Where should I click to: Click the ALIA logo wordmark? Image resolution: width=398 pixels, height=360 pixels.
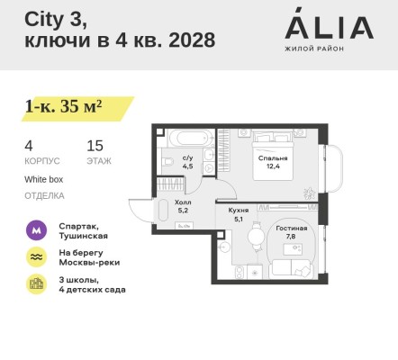click(x=329, y=25)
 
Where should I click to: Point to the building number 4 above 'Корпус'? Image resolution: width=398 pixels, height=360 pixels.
click(x=29, y=145)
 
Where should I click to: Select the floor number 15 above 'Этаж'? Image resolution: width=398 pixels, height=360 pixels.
click(x=95, y=145)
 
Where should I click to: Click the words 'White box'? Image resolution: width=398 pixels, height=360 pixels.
click(x=44, y=179)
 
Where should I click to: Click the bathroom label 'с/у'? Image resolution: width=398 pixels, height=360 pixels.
click(x=188, y=158)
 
